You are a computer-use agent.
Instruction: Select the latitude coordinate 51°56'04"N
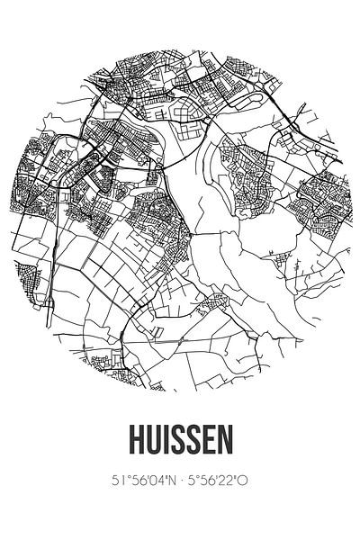131,481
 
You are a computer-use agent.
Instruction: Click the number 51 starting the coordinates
103,481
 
